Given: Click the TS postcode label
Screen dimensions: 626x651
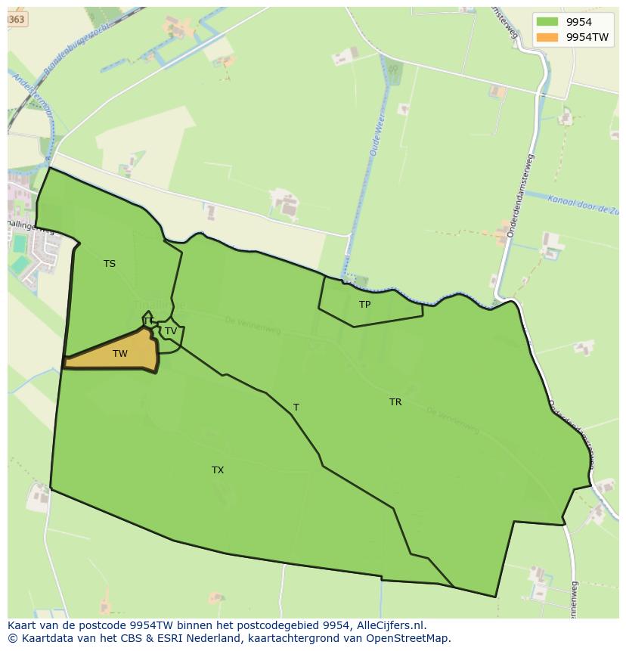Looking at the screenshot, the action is coord(110,264).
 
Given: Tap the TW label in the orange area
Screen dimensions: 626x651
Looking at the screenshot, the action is coord(120,354).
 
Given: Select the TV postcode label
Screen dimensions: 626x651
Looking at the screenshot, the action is coord(171,331).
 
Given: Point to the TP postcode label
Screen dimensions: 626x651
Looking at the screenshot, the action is coord(365,305).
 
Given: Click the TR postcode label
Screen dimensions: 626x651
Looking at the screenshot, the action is coord(395,402).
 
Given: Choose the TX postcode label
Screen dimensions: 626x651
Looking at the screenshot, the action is coord(218,470).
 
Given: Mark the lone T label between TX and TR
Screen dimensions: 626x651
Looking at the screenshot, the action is coord(296,408).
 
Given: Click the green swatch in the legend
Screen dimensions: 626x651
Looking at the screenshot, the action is coord(548,23).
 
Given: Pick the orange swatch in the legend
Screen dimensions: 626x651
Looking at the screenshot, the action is coord(548,37).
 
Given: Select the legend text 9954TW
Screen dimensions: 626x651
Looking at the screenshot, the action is coord(589,37).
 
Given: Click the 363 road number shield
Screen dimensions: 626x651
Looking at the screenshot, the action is coord(17,20).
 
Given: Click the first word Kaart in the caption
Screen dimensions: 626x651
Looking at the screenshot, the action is coord(23,625).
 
